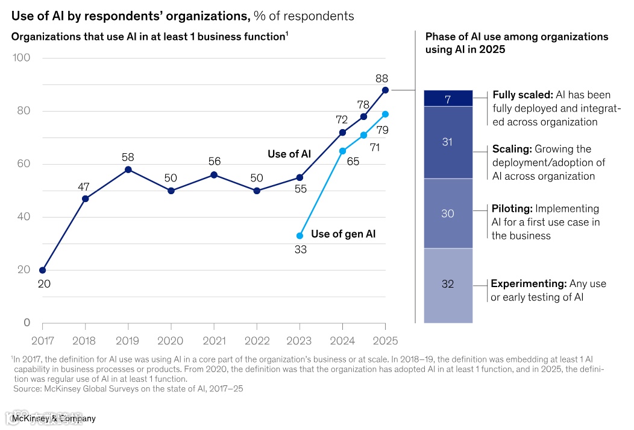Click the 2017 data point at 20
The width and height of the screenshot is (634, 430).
42,270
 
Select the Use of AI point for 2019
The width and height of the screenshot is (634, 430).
128,169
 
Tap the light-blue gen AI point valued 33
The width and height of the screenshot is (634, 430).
300,236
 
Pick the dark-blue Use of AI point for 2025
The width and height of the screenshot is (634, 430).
385,90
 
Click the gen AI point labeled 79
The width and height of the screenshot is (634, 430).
385,114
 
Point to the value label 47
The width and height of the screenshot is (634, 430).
84,187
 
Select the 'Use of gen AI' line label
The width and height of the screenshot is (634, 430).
343,234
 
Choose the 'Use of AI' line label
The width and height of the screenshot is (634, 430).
289,154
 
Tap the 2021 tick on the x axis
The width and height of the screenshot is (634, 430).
214,341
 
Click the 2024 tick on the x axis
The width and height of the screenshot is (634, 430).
343,341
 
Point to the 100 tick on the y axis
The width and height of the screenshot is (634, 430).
22,58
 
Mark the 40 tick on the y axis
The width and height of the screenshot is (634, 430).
23,217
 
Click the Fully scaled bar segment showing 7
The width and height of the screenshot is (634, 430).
448,98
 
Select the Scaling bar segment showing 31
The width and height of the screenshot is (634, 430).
448,142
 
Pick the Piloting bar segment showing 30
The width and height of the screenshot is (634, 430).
448,213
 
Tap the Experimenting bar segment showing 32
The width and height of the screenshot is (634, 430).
448,285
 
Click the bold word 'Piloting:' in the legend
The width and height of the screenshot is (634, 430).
512,209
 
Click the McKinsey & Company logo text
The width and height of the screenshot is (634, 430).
54,418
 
